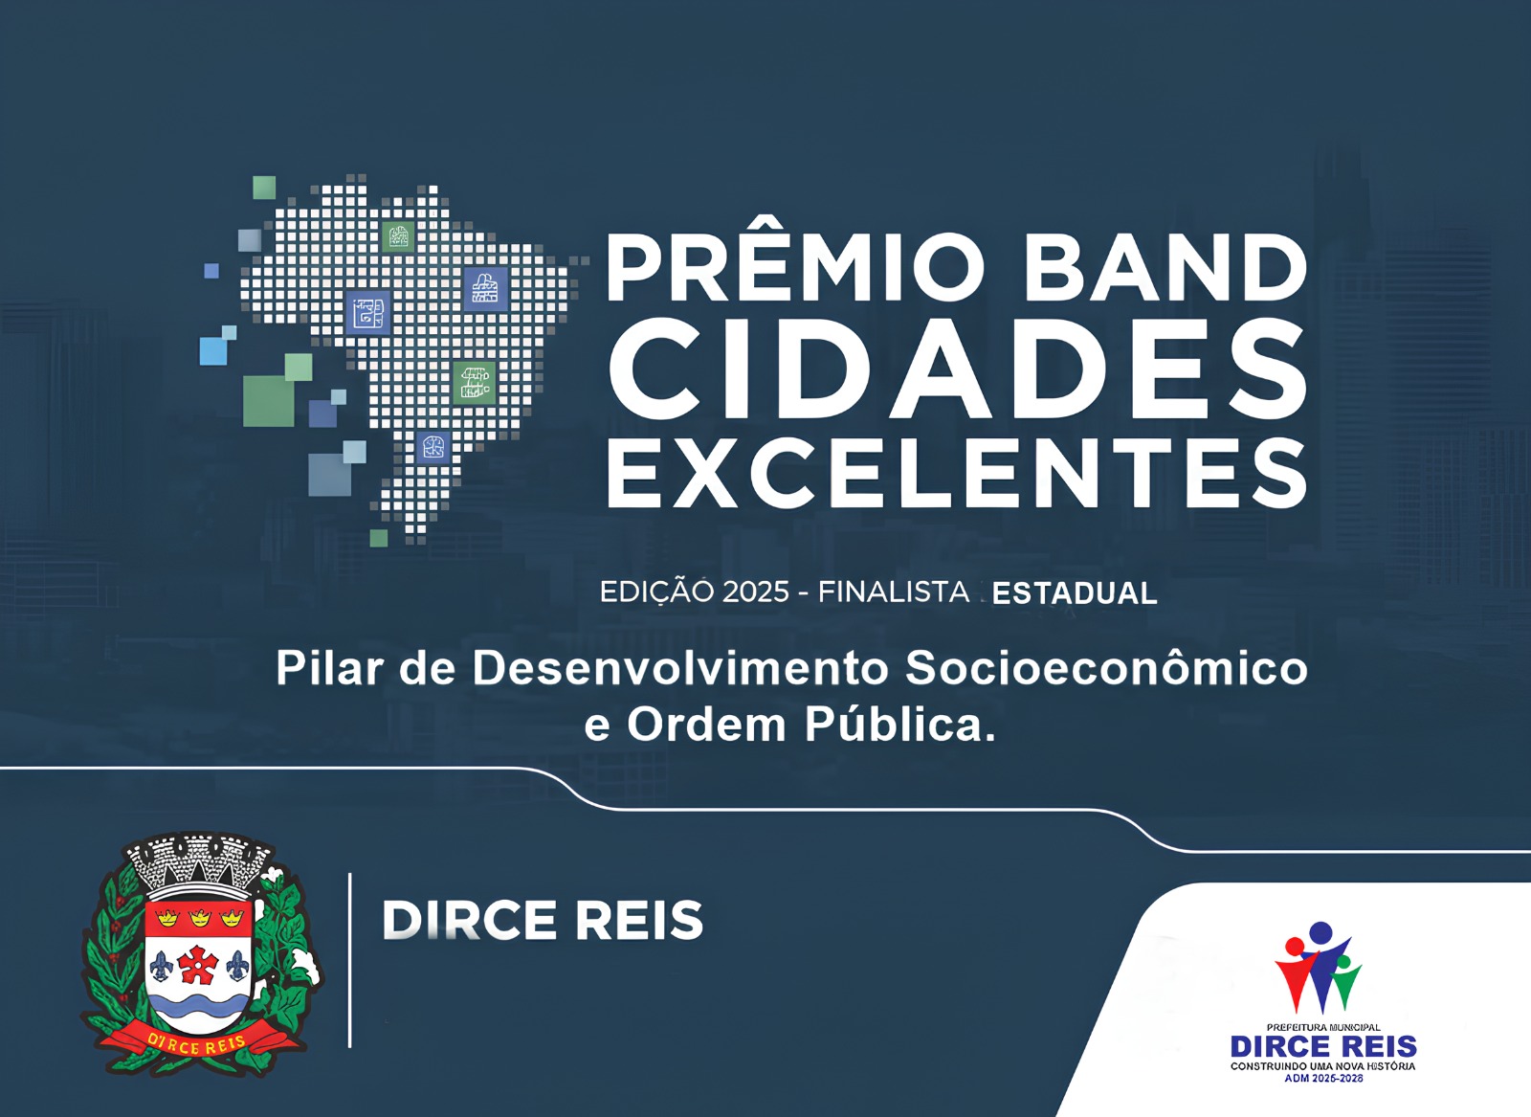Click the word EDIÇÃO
[x=656, y=592]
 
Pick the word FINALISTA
[x=894, y=592]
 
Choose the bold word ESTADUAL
[x=1075, y=593]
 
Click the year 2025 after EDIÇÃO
[x=756, y=592]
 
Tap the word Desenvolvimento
[x=680, y=668]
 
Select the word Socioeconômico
[x=1106, y=668]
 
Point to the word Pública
[x=899, y=726]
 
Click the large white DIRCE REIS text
[x=543, y=921]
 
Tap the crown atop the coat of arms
[x=199, y=860]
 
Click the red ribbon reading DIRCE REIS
[x=199, y=1044]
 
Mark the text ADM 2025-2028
[x=1323, y=1079]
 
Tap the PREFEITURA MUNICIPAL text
[x=1323, y=1028]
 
